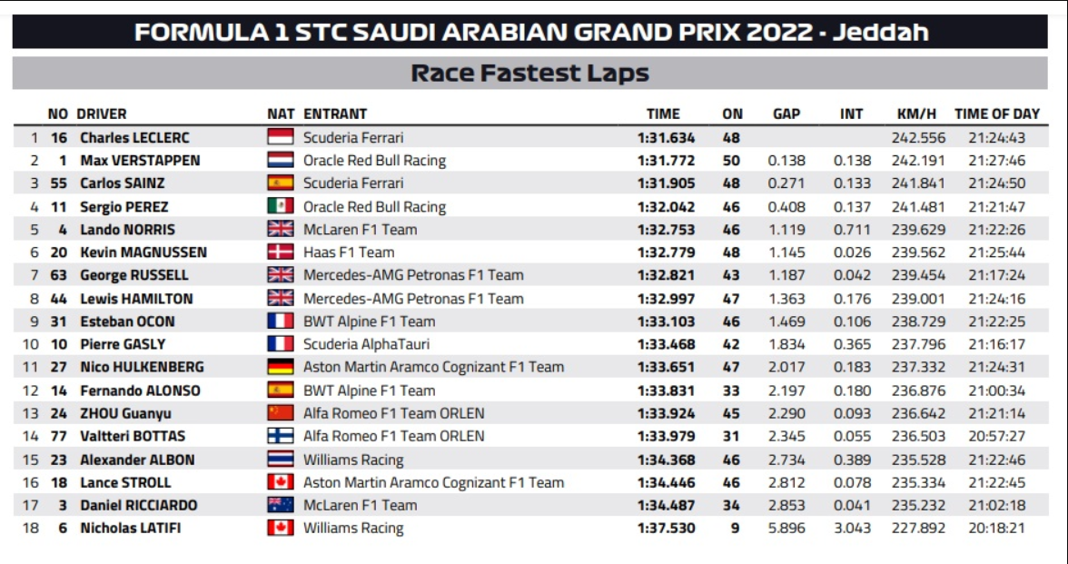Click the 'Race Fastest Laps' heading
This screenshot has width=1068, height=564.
coord(530,74)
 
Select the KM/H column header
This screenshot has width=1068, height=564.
coord(915,114)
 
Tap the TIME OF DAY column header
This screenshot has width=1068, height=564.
coord(996,114)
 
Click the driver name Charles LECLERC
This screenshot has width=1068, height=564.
coord(134,138)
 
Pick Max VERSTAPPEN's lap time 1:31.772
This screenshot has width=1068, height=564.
coord(666,161)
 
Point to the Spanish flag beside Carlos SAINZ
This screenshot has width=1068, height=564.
coord(281,183)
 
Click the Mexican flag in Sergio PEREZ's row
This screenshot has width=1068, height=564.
coord(281,206)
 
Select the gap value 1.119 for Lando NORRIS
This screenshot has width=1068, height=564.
coord(786,230)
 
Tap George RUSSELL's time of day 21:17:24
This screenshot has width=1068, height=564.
coord(996,275)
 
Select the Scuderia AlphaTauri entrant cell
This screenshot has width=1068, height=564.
coord(366,344)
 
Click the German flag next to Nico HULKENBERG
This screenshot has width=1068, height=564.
coord(281,367)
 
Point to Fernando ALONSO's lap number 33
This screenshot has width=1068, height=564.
coord(732,391)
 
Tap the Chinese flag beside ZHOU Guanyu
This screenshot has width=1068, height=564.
coord(281,413)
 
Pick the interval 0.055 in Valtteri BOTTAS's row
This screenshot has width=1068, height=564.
coord(851,436)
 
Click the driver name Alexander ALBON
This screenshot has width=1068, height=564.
coord(137,460)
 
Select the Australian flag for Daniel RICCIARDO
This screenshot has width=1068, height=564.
coord(281,505)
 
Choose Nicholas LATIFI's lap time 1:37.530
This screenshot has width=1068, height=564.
coord(666,528)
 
